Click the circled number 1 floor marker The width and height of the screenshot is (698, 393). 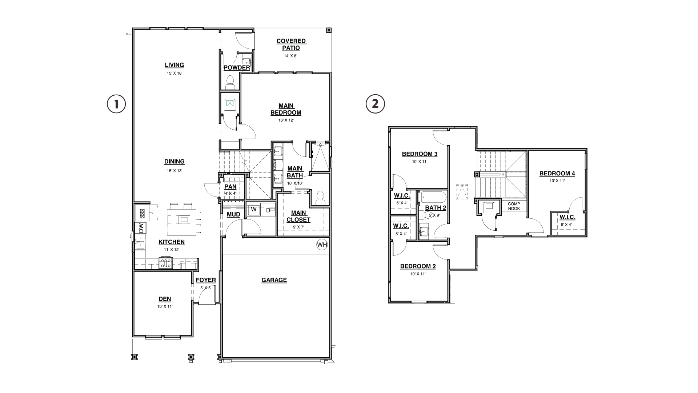click(x=116, y=104)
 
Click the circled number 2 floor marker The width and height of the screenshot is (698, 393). click(x=375, y=104)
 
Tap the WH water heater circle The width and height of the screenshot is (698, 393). click(x=322, y=245)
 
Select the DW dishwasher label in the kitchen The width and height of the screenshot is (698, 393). click(x=141, y=228)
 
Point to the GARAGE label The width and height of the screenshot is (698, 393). click(x=274, y=280)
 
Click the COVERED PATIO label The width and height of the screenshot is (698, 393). click(x=291, y=44)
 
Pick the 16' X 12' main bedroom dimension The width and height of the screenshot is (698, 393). click(x=286, y=120)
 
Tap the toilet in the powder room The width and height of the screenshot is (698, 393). click(x=230, y=83)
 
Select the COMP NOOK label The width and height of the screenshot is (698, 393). click(x=514, y=206)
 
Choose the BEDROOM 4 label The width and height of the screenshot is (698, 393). click(x=557, y=174)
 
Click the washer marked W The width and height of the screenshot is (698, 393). click(x=254, y=210)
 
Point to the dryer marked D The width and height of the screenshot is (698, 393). click(x=268, y=210)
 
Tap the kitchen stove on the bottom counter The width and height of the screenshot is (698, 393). click(x=166, y=263)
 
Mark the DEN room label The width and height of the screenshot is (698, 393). click(x=165, y=299)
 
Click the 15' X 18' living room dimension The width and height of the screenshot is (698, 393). click(x=174, y=73)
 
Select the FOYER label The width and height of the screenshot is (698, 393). click(x=206, y=280)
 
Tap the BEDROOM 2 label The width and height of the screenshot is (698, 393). click(x=418, y=266)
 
